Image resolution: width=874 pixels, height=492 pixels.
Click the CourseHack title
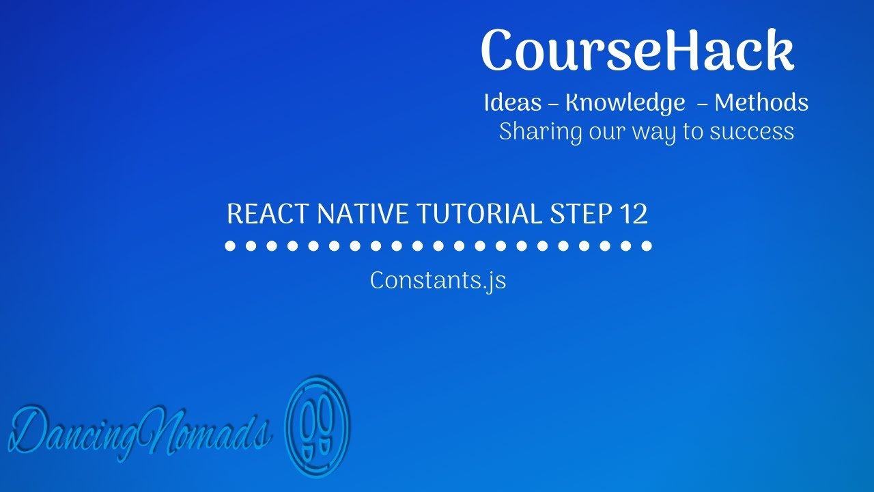point(638,51)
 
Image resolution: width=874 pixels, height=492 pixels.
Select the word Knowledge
point(625,103)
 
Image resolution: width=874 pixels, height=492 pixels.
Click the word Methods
point(761,102)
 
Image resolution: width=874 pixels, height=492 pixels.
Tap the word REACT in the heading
point(268,215)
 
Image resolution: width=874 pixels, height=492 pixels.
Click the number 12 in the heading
point(634,215)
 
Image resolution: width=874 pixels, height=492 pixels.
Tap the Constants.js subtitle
point(438,280)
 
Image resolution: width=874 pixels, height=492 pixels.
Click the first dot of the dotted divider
point(230,245)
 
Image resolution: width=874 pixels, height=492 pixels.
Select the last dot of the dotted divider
point(647,245)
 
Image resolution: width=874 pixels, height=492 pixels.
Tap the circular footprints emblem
point(316,425)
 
